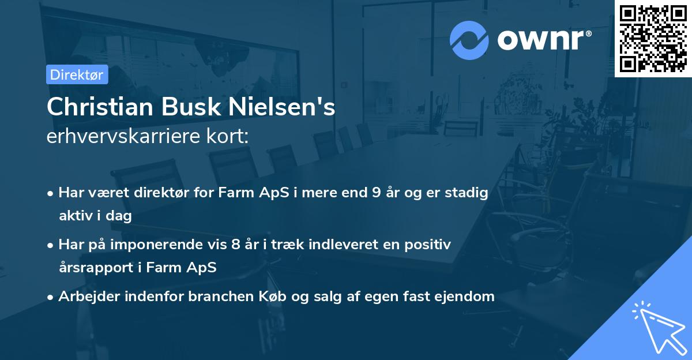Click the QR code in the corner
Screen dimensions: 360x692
[653, 38]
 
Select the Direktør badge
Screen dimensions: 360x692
[77, 74]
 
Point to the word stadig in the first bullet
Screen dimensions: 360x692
[468, 193]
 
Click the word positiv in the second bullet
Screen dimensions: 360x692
[429, 245]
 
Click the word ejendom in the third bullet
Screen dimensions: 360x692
[467, 297]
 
